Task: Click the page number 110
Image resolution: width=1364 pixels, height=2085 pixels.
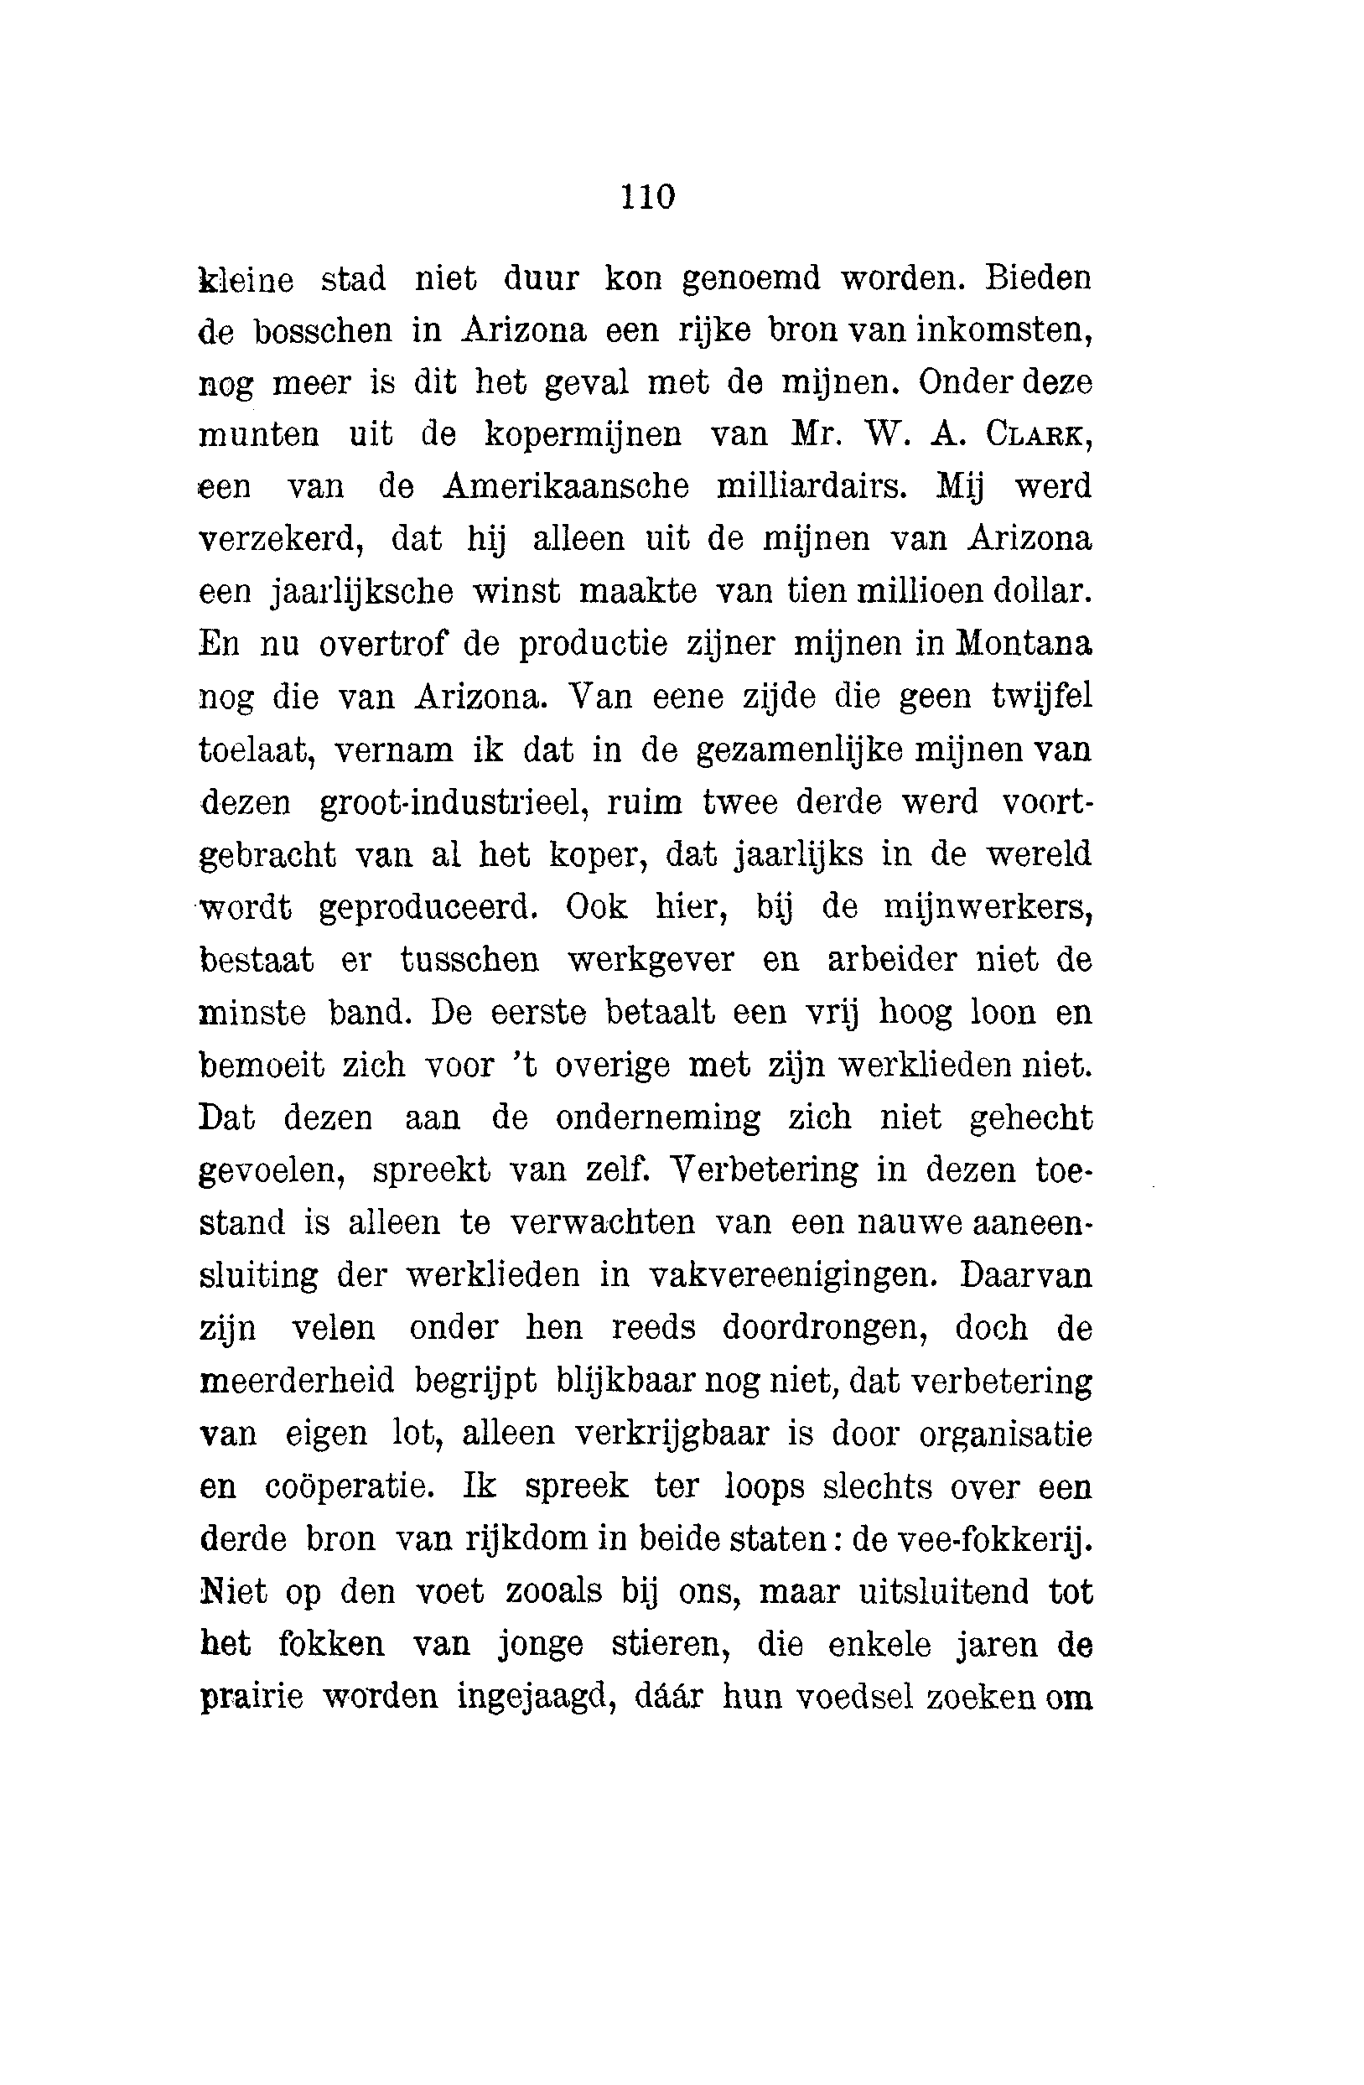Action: pos(648,196)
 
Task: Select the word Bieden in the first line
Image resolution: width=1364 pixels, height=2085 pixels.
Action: pos(1038,278)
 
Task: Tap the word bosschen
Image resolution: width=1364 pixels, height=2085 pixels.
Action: pos(324,331)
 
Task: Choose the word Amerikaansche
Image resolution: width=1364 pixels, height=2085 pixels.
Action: pos(566,486)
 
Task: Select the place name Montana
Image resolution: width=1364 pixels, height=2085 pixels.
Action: pos(1024,644)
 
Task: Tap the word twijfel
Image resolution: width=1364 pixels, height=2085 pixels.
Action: pos(1041,698)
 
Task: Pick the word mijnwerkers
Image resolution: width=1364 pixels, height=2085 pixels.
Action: pos(988,908)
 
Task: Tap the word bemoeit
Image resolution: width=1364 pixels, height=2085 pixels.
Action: pos(262,1066)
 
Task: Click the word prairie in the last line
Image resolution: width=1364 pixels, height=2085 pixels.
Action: pos(252,1697)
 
